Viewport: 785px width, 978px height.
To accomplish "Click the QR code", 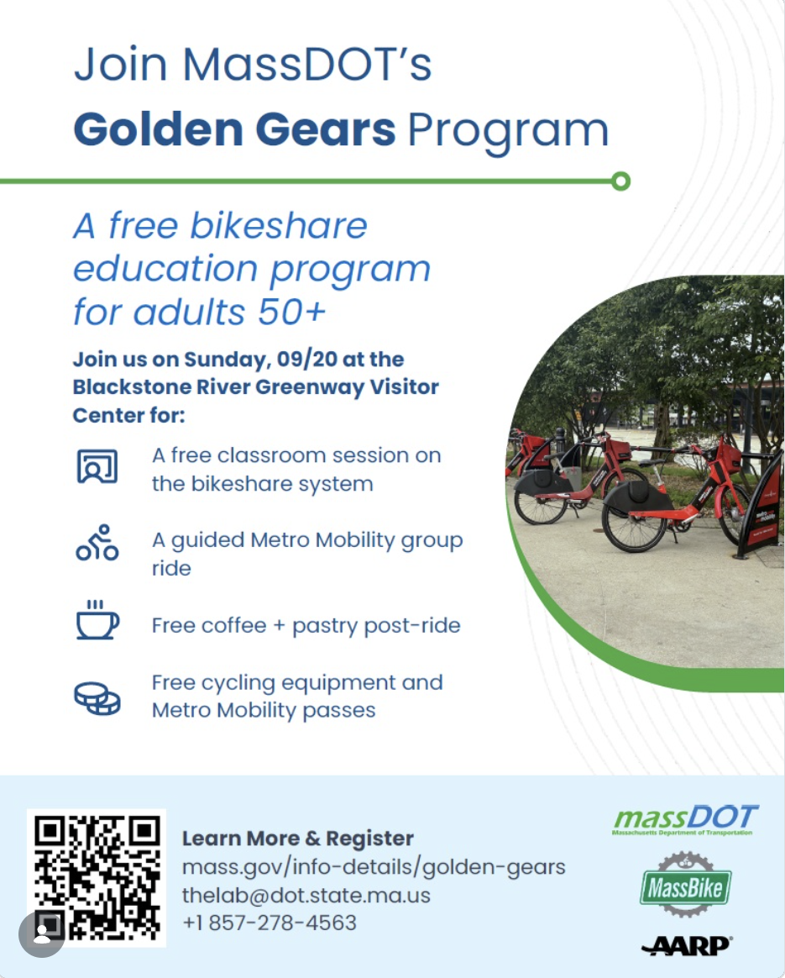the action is pos(97,877).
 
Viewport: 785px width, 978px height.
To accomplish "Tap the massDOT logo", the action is pos(685,819).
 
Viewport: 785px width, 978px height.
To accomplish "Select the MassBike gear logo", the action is pos(685,885).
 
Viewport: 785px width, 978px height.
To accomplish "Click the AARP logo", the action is pos(687,945).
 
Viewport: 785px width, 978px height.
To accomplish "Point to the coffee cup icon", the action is pos(97,619).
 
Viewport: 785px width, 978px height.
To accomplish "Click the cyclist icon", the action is pos(97,542).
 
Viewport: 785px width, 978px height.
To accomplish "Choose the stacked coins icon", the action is pos(97,698).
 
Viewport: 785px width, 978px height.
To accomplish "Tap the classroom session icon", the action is pos(97,466).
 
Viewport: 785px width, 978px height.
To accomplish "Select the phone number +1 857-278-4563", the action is pos(270,923).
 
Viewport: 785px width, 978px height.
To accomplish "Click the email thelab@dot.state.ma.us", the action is pos(306,895).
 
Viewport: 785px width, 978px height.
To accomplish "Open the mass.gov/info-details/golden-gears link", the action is pos(374,867).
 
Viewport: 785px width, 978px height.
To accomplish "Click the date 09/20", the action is pos(307,360).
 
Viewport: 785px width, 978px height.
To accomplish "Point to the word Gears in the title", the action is pos(325,129).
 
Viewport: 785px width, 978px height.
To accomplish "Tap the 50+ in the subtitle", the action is pos(291,311).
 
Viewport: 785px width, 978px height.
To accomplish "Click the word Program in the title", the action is pos(508,132).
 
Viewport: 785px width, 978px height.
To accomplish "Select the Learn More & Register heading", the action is pos(298,839).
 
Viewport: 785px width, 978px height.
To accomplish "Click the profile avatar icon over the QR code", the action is pos(42,933).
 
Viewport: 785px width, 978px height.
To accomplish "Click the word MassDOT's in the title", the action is pos(307,64).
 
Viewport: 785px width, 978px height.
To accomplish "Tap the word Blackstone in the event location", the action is pos(132,386).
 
